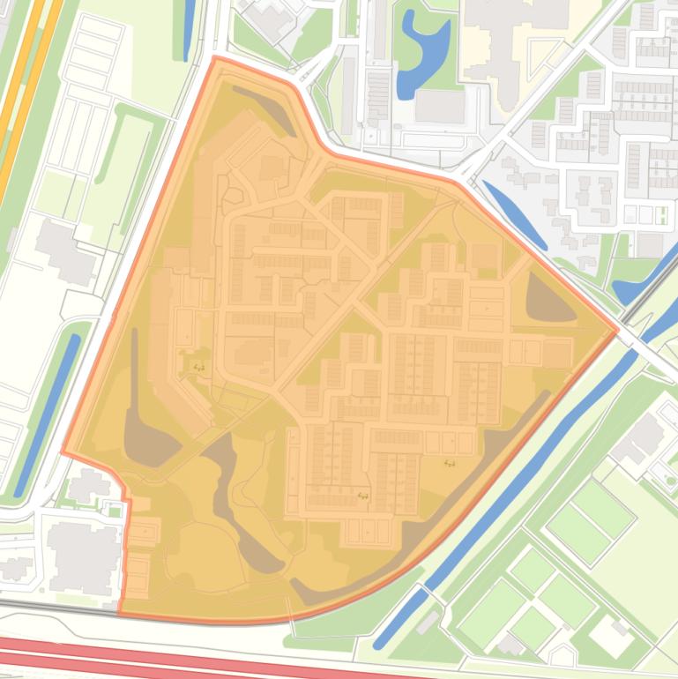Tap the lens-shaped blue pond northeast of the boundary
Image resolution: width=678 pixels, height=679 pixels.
coord(514,214)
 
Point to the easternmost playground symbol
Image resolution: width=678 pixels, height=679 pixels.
coord(451,462)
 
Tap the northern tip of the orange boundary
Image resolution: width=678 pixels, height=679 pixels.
coord(214,58)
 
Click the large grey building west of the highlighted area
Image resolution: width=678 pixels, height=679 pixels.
coord(63,251)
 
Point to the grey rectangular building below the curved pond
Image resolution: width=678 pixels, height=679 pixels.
coord(438,107)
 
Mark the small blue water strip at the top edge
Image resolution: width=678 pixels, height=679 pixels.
coord(188,26)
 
